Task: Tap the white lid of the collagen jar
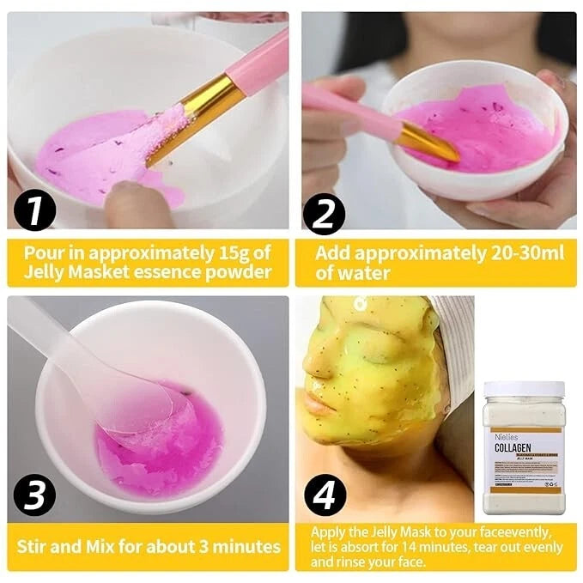click(524, 390)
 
